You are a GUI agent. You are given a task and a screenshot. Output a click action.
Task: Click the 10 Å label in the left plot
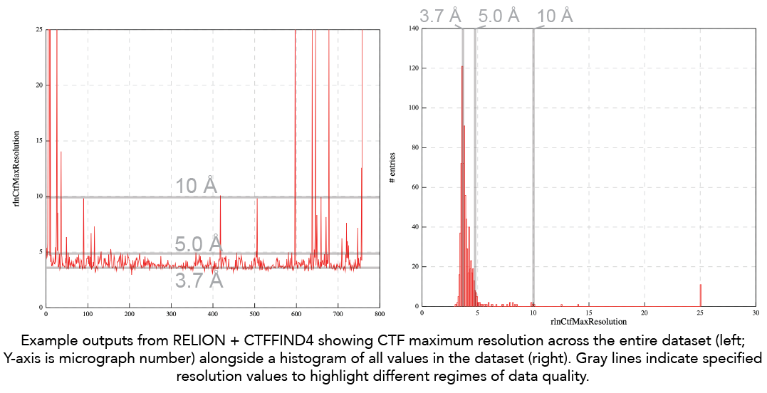(x=197, y=186)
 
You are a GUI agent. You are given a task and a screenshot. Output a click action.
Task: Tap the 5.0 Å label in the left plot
(x=199, y=244)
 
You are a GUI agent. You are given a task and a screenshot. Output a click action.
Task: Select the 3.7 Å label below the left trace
(x=199, y=280)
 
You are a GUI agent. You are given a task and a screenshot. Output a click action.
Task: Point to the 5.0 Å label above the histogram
(x=499, y=16)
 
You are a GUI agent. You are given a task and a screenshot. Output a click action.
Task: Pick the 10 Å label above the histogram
(x=555, y=16)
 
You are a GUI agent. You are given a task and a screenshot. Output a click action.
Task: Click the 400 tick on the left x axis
(x=213, y=313)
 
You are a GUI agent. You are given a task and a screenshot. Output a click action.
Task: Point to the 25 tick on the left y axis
(x=38, y=29)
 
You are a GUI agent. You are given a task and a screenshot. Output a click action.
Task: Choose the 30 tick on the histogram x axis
(x=756, y=313)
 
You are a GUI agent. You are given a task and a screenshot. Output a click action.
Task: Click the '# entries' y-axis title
(x=392, y=168)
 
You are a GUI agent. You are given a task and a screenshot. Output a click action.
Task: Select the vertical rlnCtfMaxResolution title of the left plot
(x=15, y=168)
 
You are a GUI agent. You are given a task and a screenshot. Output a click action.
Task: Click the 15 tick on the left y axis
(x=38, y=140)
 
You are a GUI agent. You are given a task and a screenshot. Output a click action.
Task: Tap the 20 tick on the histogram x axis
(x=645, y=313)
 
